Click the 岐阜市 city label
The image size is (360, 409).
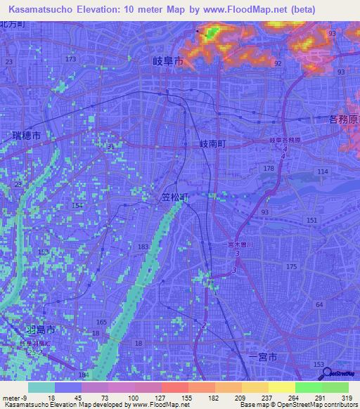[x=168, y=62]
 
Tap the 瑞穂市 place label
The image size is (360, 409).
[x=27, y=135]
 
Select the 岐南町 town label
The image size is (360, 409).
[x=212, y=143]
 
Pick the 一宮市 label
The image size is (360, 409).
[x=264, y=357]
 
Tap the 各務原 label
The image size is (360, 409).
[x=344, y=120]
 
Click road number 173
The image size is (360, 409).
[x=70, y=59]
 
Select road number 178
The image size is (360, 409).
[x=269, y=169]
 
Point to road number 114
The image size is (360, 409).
[x=323, y=172]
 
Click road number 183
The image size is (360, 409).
[x=143, y=247]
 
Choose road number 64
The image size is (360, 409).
[x=319, y=304]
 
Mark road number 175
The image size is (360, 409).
[x=291, y=267]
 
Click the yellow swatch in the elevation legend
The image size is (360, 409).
[x=282, y=388]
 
